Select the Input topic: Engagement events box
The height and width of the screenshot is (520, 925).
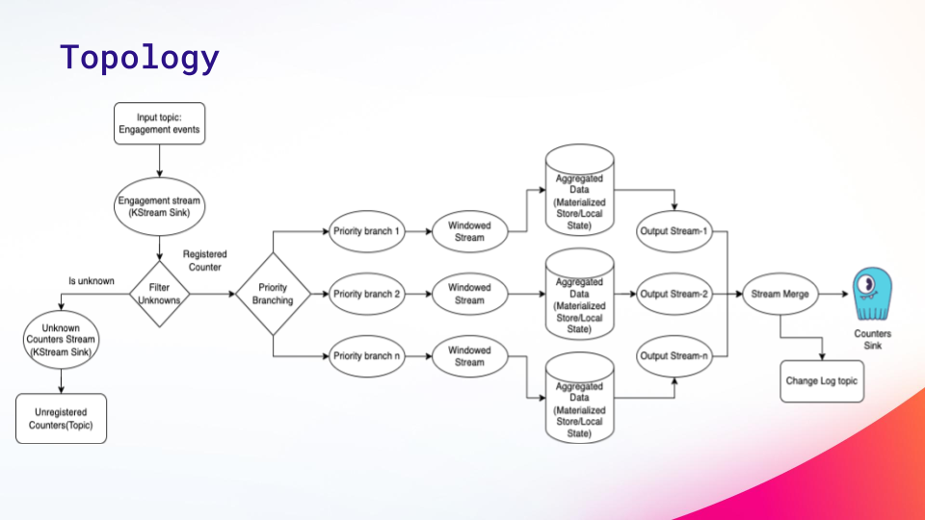coord(159,123)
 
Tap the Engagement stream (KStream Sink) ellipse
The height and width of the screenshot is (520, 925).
coord(159,207)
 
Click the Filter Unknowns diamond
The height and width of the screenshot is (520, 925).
coord(159,294)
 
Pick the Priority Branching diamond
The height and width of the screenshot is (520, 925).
coord(273,294)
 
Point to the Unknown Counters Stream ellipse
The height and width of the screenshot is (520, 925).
coord(61,340)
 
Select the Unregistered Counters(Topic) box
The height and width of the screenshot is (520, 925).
coord(61,419)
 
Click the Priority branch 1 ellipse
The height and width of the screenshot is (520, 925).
coord(366,231)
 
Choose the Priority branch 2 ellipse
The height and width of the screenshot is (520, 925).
coord(366,294)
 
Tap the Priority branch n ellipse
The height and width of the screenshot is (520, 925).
coord(366,356)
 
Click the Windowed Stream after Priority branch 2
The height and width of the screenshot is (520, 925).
coord(469,294)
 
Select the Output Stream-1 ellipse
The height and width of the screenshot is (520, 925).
coord(674,231)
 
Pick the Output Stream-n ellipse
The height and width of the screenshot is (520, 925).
coord(674,356)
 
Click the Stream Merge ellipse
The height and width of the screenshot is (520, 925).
coord(780,294)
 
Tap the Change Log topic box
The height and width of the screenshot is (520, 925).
coord(822,381)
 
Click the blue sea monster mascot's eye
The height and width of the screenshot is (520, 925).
coord(866,285)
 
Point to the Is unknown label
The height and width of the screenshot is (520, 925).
coord(92,281)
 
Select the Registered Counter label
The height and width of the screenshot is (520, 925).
coord(204,261)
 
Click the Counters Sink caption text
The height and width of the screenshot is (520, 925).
coord(873,340)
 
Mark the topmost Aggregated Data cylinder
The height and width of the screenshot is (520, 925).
coord(579,190)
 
